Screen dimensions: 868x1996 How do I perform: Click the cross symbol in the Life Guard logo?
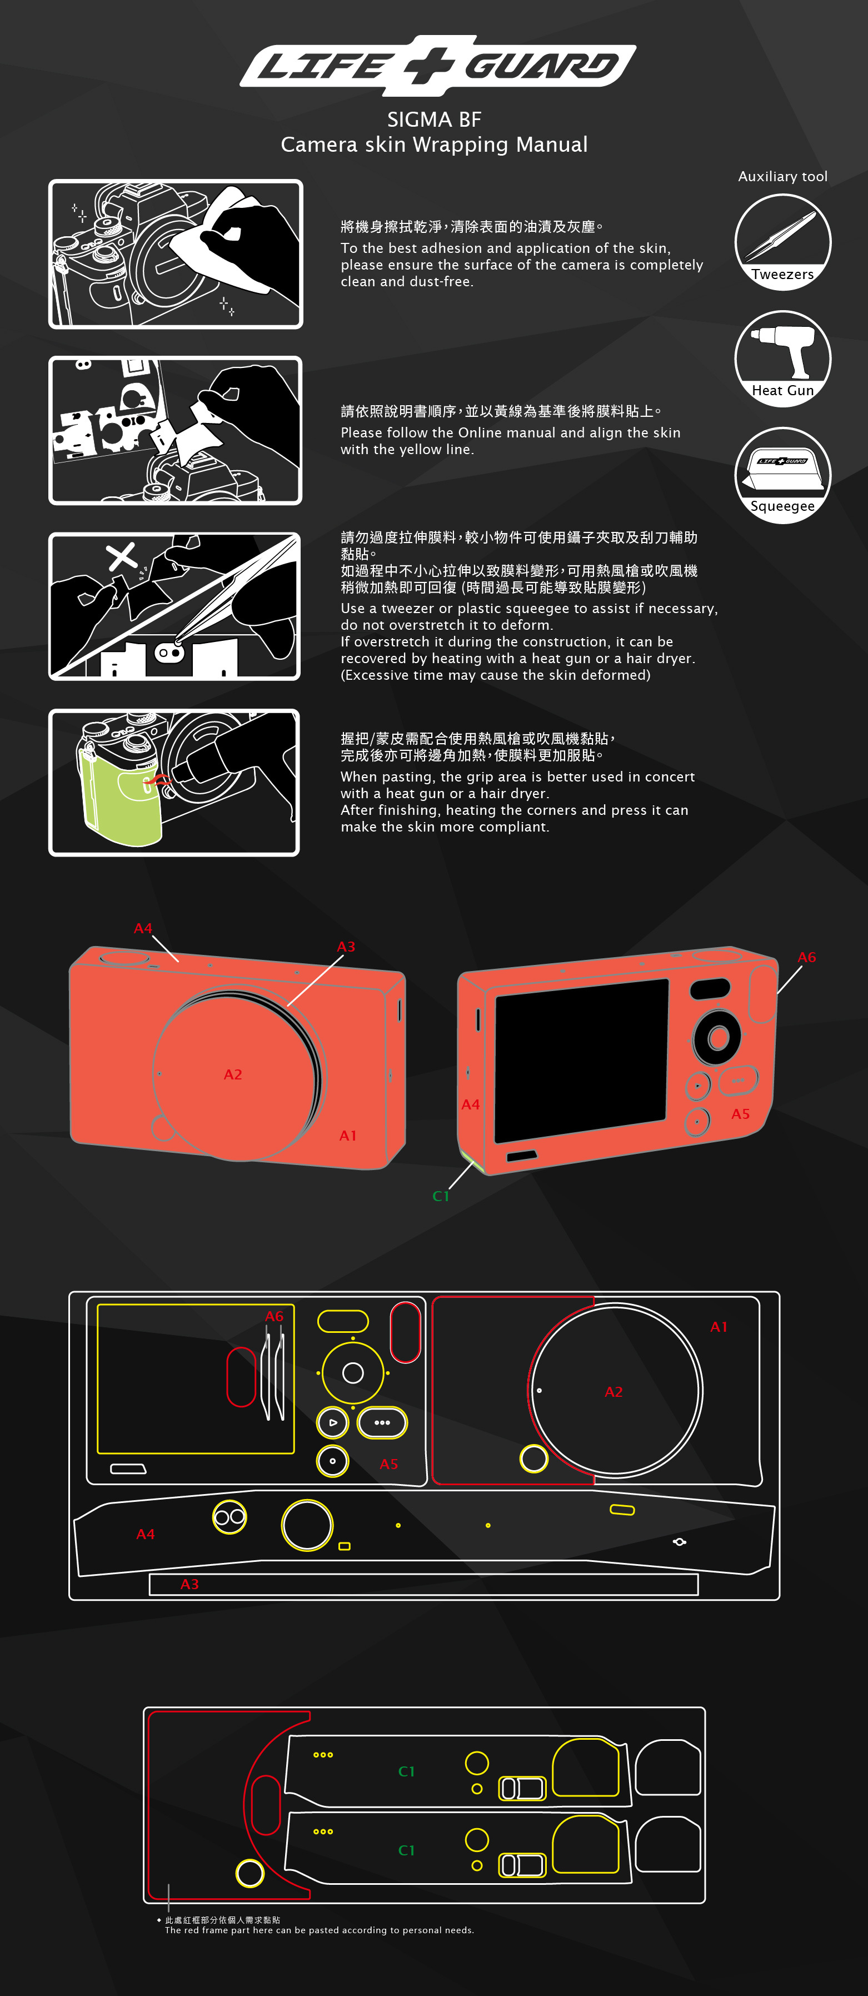[428, 66]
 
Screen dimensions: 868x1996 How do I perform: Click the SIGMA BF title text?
[434, 120]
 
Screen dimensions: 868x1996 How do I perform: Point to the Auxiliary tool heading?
[783, 177]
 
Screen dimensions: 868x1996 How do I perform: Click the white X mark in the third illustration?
[121, 556]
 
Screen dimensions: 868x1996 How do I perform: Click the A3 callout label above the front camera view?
[346, 946]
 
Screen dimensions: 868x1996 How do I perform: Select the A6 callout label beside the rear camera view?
[807, 957]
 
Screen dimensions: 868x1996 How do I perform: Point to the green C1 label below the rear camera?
[441, 1196]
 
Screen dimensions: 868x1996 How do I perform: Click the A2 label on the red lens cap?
[232, 1074]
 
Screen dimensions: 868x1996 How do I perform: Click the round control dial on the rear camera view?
[717, 1037]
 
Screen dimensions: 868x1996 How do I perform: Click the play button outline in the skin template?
[332, 1422]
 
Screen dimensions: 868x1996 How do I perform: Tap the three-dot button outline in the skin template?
[382, 1422]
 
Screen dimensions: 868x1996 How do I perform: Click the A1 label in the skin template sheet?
[719, 1327]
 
